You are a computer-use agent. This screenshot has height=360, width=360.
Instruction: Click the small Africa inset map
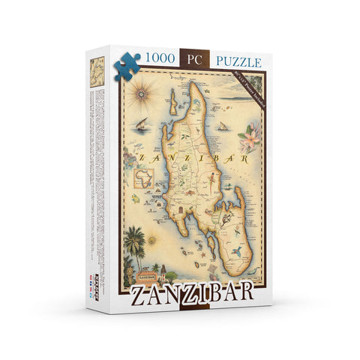coord(143,178)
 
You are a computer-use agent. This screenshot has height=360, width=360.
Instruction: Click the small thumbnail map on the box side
coord(95,70)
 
